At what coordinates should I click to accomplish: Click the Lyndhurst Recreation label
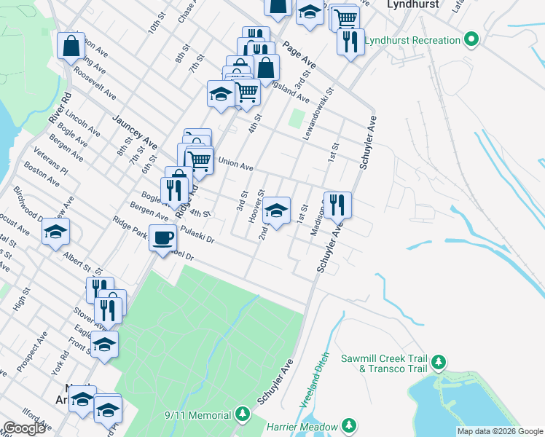[x=412, y=40]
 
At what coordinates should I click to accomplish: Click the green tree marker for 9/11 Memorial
[x=243, y=415]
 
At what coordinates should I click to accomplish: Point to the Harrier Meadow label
[x=302, y=426]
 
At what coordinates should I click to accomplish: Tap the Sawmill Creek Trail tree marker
[x=438, y=362]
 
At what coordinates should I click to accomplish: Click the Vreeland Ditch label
[x=315, y=390]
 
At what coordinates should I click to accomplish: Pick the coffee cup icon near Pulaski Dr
[x=163, y=237]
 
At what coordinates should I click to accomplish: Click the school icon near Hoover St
[x=275, y=210]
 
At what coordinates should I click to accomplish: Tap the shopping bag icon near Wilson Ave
[x=71, y=45]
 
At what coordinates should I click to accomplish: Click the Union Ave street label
[x=235, y=165]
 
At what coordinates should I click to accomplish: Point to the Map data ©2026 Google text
[x=500, y=431]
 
